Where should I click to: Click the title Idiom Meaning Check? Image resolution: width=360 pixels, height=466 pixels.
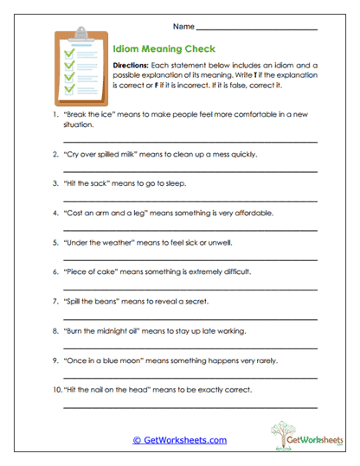(x=164, y=49)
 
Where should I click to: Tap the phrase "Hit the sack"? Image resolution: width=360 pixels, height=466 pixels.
(x=86, y=183)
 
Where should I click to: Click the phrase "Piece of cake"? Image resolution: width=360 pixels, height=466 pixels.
(x=92, y=271)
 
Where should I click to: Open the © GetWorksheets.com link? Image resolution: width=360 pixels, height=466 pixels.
(x=179, y=440)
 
